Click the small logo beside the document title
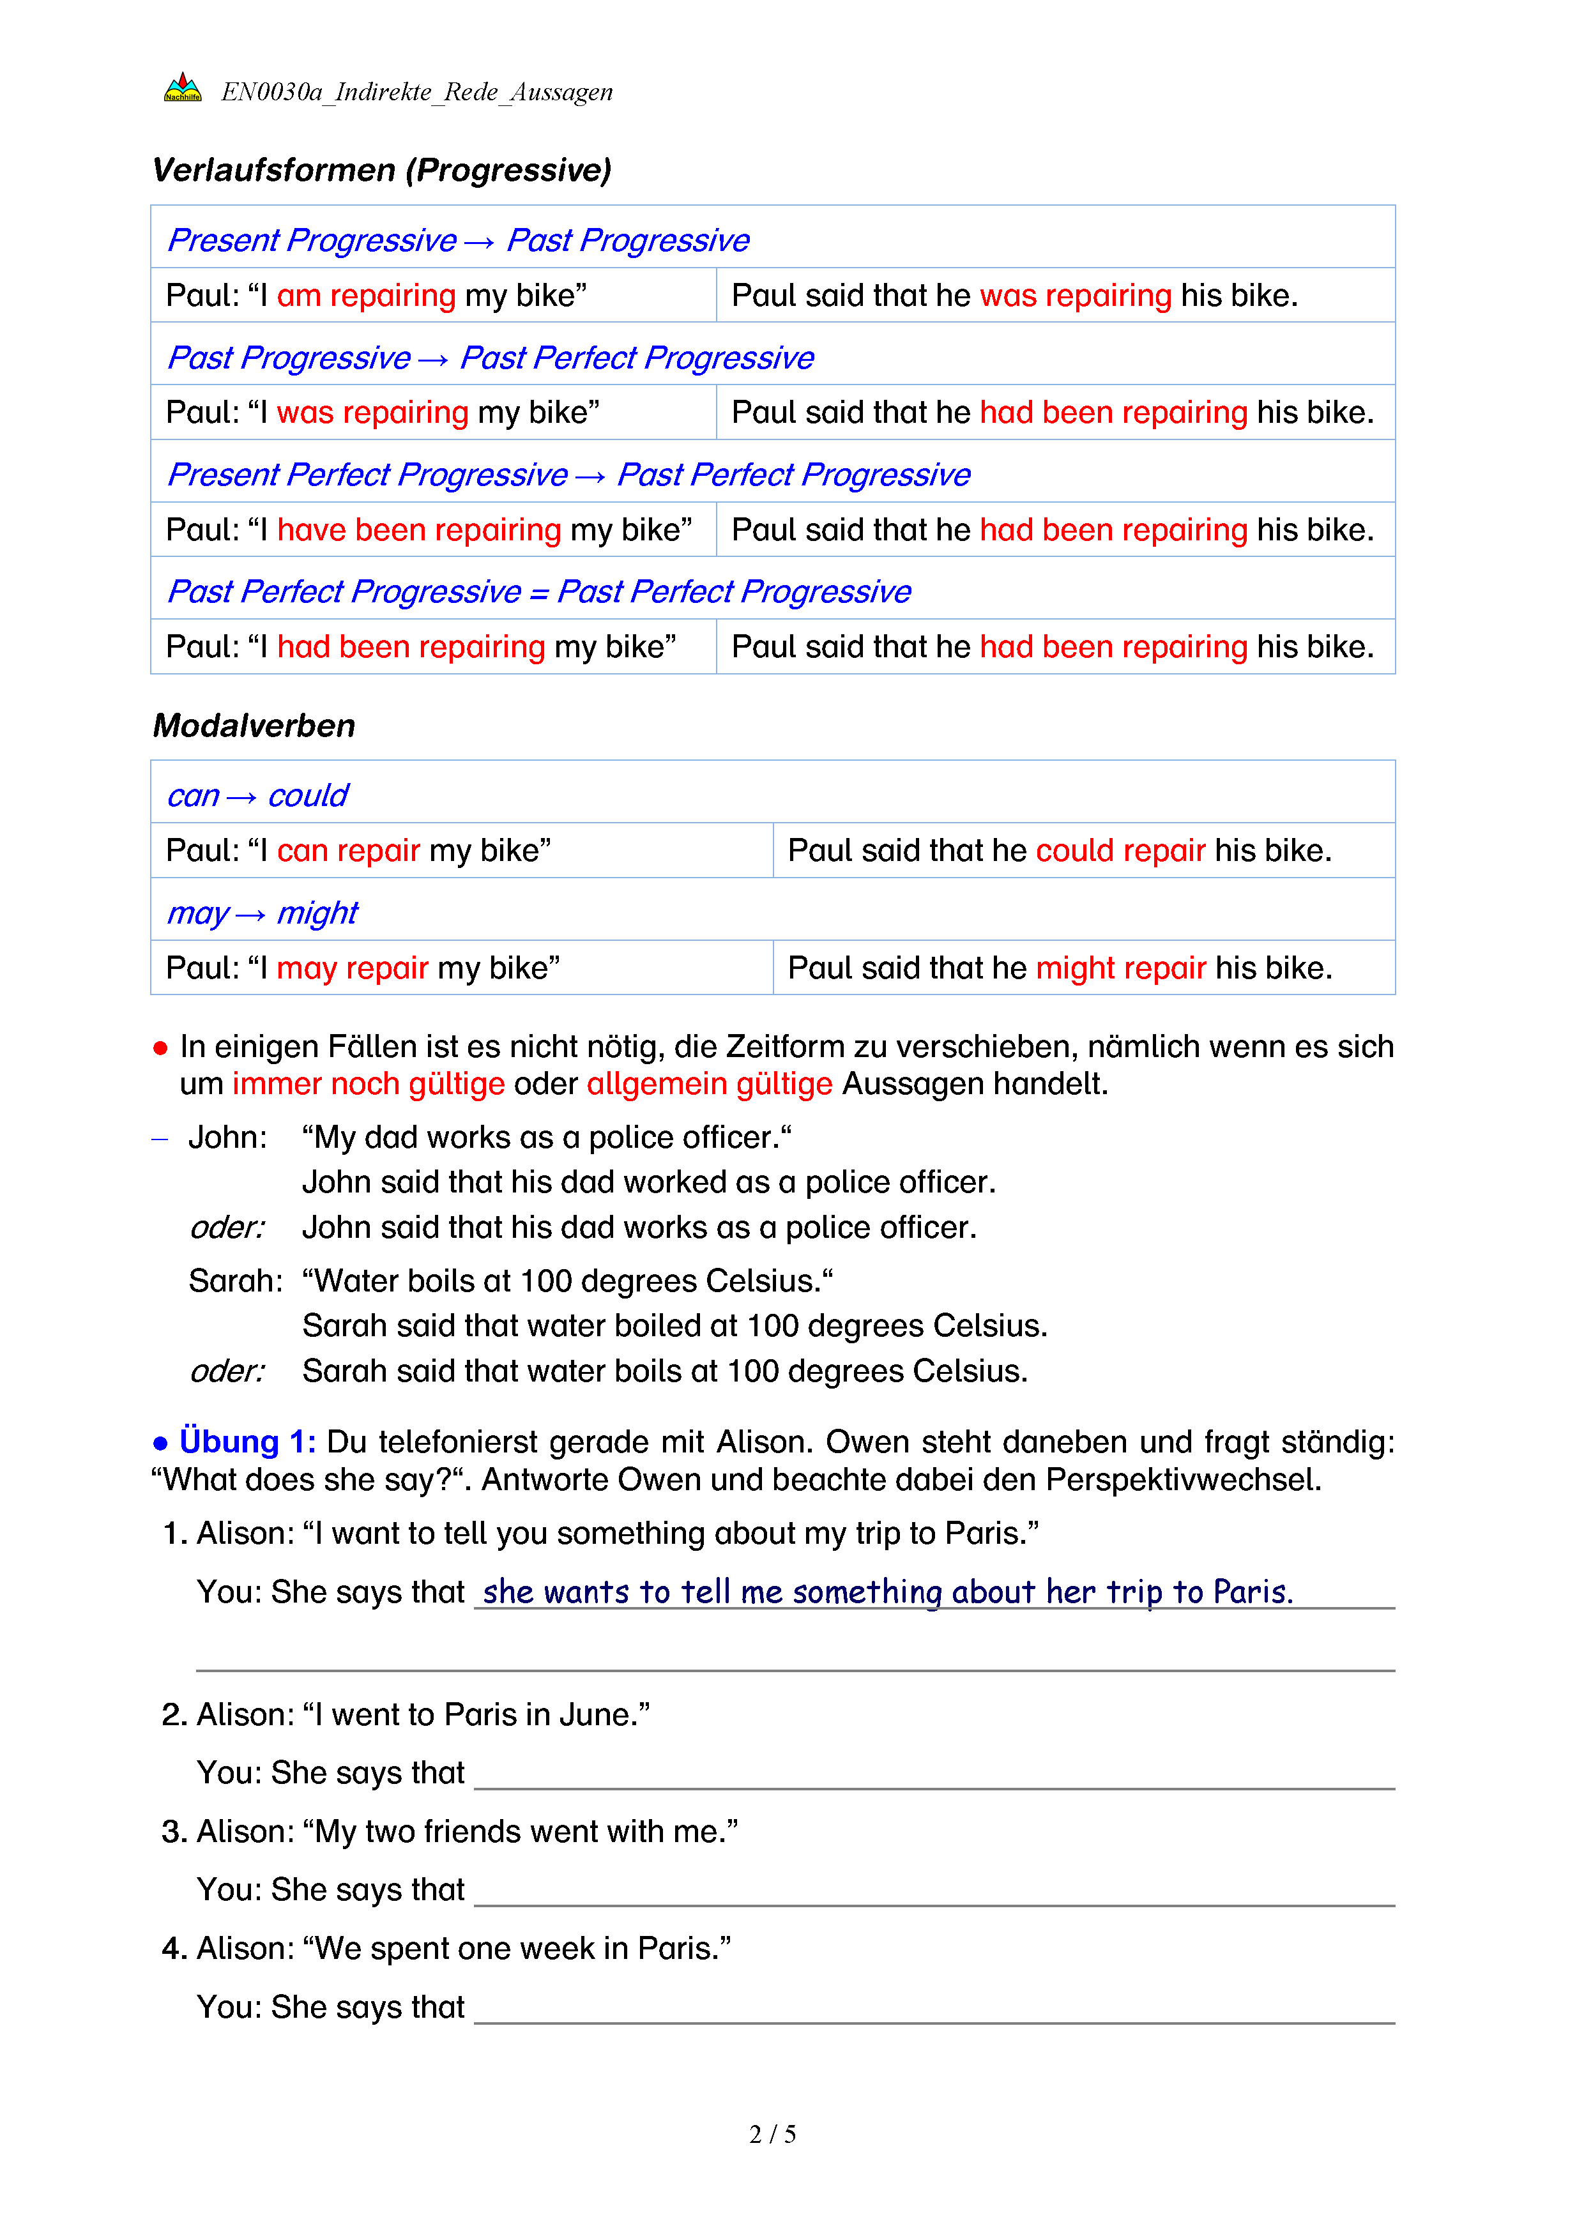click(183, 89)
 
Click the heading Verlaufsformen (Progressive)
click(381, 171)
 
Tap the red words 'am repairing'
click(366, 296)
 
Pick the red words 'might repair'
click(1121, 968)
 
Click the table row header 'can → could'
click(257, 796)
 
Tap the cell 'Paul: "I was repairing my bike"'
click(383, 413)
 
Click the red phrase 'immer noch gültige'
click(368, 1084)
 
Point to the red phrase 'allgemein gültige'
click(709, 1084)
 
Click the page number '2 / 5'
click(772, 2135)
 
